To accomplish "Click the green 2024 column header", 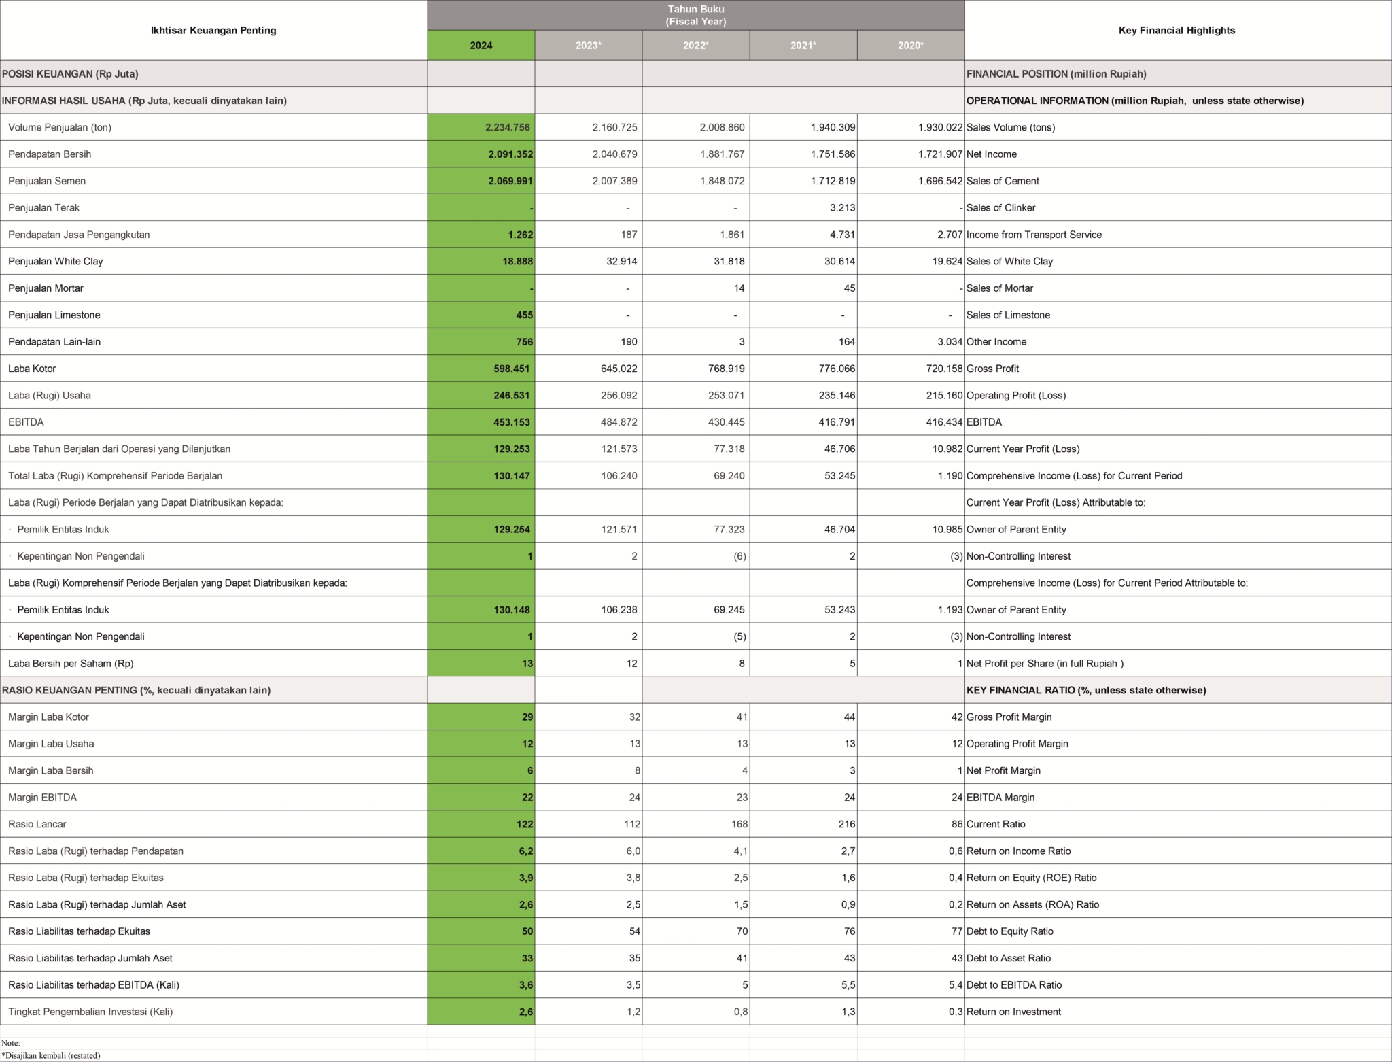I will coord(481,46).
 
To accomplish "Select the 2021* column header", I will coord(803,46).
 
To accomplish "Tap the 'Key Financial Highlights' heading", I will coord(1177,31).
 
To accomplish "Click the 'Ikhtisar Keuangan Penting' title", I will coord(213,31).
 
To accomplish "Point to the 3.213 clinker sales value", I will coord(842,208).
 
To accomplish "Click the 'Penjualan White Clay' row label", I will coord(56,262).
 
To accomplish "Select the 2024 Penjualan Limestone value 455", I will coord(524,315).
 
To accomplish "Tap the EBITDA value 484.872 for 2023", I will coord(619,422).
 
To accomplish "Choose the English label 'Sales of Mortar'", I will coord(999,288).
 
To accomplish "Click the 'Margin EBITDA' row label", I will coord(42,798).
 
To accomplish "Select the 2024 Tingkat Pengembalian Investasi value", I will coord(525,1012).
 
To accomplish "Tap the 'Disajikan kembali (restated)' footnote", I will coord(51,1055).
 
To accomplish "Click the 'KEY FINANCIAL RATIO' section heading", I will coord(1085,690).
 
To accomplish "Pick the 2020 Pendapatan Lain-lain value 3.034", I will coord(948,342).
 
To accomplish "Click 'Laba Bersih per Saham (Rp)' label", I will coord(71,664).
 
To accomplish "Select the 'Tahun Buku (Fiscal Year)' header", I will coord(695,15).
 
